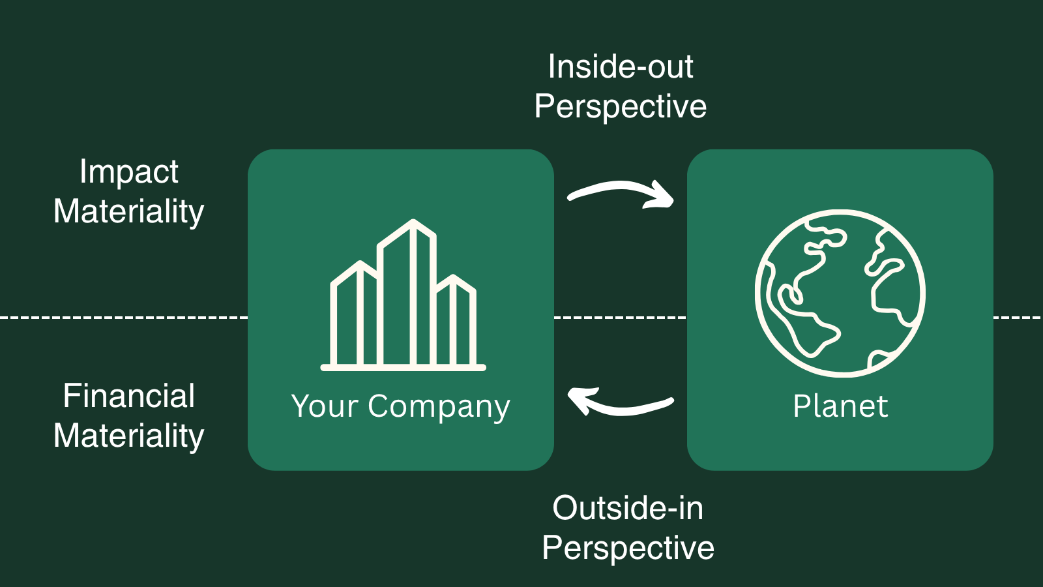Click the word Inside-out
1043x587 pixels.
pyautogui.click(x=621, y=67)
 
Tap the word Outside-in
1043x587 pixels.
pyautogui.click(x=628, y=508)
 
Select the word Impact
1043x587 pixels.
pyautogui.click(x=128, y=172)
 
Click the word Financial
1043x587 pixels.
pyautogui.click(x=129, y=396)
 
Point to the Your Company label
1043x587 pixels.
pyautogui.click(x=400, y=406)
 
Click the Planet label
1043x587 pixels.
pyautogui.click(x=840, y=406)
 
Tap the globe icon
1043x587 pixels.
pyautogui.click(x=840, y=293)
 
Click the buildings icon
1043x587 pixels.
pyautogui.click(x=403, y=297)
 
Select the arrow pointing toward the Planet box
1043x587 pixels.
pyautogui.click(x=621, y=193)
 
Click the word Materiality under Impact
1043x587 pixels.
pyautogui.click(x=129, y=212)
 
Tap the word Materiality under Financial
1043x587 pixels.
pyautogui.click(x=129, y=436)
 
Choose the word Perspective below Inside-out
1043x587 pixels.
pyautogui.click(x=621, y=106)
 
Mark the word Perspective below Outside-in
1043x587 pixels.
pyautogui.click(x=628, y=548)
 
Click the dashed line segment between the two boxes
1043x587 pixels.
pyautogui.click(x=620, y=318)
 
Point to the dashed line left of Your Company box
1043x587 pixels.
pyautogui.click(x=124, y=318)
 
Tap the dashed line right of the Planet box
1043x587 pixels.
pyautogui.click(x=1017, y=318)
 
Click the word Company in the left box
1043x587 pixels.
pyautogui.click(x=439, y=407)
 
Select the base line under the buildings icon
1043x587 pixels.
pyautogui.click(x=403, y=368)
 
